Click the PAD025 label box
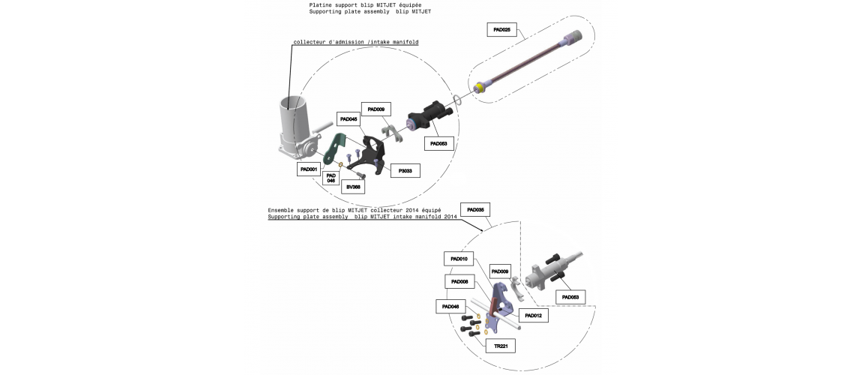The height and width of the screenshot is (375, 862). click(x=502, y=30)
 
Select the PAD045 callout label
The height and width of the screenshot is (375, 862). click(x=349, y=118)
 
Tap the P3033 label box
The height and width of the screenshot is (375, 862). click(x=406, y=171)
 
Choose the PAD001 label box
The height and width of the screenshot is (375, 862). click(x=308, y=169)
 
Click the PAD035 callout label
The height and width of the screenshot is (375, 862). click(x=475, y=210)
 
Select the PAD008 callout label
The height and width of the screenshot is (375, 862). click(x=459, y=281)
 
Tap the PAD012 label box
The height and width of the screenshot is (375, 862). click(x=533, y=316)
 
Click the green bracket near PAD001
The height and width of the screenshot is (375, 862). click(x=334, y=149)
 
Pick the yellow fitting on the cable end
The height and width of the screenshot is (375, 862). click(x=481, y=87)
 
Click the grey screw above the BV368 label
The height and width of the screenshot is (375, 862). click(x=361, y=175)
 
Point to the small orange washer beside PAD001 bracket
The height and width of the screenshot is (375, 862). click(x=340, y=164)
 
